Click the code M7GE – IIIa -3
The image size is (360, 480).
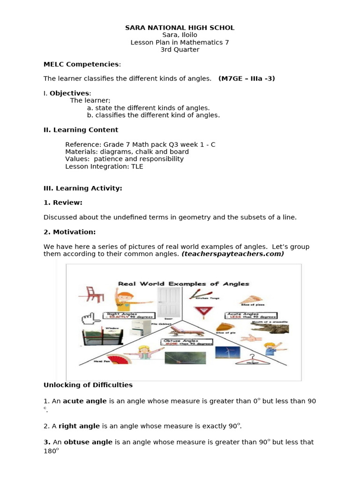(x=247, y=79)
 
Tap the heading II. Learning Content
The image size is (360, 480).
(x=81, y=130)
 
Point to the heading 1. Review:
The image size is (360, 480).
(x=63, y=202)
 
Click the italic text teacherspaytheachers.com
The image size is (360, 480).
(x=232, y=254)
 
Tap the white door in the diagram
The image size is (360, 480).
(x=169, y=302)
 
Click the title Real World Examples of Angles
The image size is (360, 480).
(x=183, y=284)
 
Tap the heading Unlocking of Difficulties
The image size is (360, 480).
(x=88, y=385)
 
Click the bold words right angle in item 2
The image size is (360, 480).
(x=79, y=426)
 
